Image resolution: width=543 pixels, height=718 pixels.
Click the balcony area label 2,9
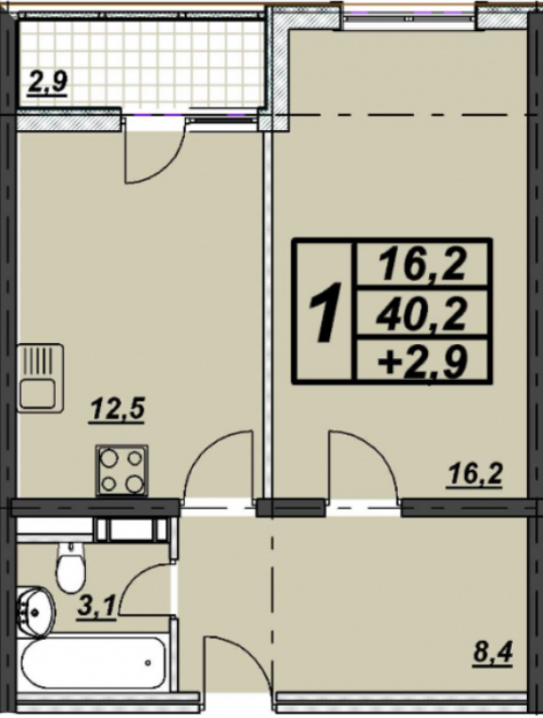(x=48, y=84)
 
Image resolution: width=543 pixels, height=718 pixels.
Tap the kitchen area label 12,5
(x=117, y=409)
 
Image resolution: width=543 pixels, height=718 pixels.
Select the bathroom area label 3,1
(x=96, y=609)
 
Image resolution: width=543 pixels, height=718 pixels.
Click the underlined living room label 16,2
(x=474, y=477)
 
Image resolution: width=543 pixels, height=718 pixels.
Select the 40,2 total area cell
(x=421, y=316)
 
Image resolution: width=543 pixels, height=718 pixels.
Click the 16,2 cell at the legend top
(x=421, y=265)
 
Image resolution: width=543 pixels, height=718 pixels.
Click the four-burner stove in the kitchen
(x=122, y=471)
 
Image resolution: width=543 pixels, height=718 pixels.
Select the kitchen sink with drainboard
(x=41, y=378)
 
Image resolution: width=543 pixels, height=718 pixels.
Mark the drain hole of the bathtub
(x=148, y=662)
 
